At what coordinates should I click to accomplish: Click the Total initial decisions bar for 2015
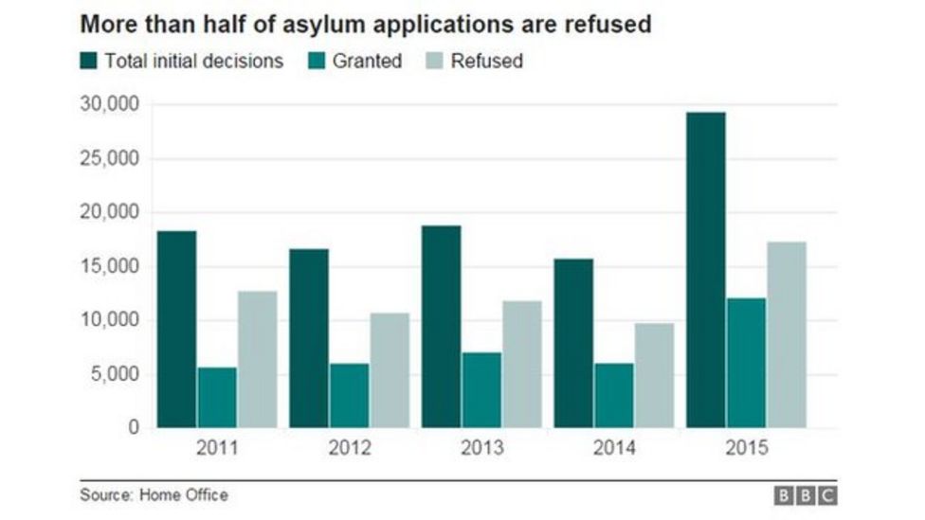(x=706, y=270)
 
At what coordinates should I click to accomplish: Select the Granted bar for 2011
(x=217, y=398)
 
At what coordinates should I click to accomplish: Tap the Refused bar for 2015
(x=786, y=335)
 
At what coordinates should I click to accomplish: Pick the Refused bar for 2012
(x=390, y=370)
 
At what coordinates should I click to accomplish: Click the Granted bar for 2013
(x=481, y=390)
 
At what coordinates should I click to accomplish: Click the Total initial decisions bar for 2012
(x=309, y=338)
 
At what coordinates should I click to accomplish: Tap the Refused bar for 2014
(x=654, y=375)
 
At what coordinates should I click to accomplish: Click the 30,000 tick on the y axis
(x=107, y=104)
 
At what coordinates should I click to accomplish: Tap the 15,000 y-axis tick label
(x=107, y=266)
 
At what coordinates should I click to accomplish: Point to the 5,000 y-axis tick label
(x=111, y=374)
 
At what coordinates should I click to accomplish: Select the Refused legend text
(x=487, y=62)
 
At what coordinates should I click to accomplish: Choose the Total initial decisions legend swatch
(x=88, y=62)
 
